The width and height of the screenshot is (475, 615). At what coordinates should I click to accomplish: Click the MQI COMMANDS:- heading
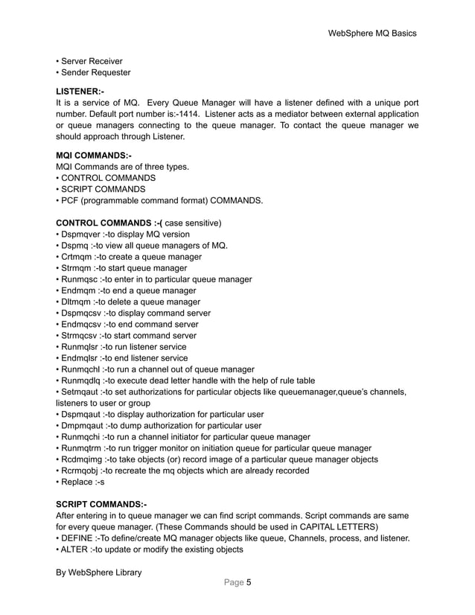click(94, 156)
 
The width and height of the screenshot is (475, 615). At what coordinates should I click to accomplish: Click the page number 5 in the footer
click(248, 583)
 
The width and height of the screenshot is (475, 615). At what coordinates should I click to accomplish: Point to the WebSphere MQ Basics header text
click(372, 34)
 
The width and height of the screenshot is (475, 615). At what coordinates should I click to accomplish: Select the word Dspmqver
click(81, 234)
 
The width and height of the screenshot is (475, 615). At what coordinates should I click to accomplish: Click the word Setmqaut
click(80, 392)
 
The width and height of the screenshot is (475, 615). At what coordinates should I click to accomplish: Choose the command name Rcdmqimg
click(83, 459)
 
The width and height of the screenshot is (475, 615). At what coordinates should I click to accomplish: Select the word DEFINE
click(80, 538)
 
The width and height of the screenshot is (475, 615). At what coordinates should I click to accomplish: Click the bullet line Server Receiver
click(92, 61)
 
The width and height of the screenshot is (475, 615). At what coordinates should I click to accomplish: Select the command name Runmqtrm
click(82, 448)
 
